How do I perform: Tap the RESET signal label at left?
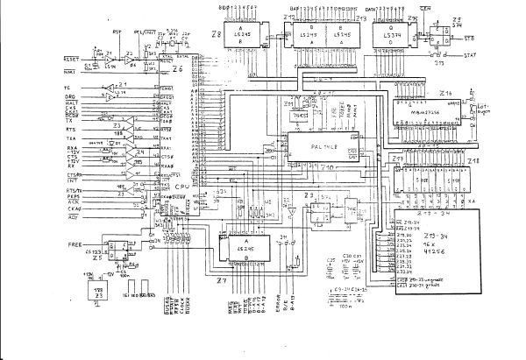(70, 58)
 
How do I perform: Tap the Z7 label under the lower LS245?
(222, 280)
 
